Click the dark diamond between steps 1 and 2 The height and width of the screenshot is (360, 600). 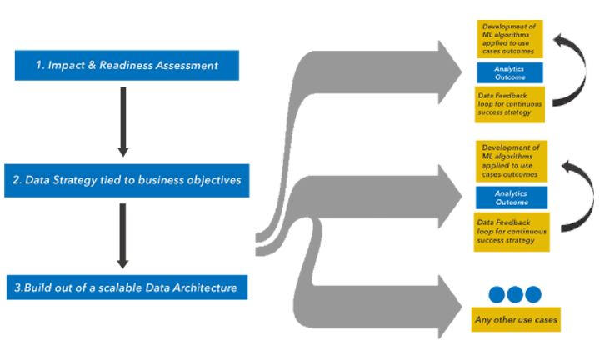(125, 121)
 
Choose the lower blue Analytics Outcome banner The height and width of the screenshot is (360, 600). (510, 197)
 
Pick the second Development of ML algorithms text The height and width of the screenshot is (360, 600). (509, 161)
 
